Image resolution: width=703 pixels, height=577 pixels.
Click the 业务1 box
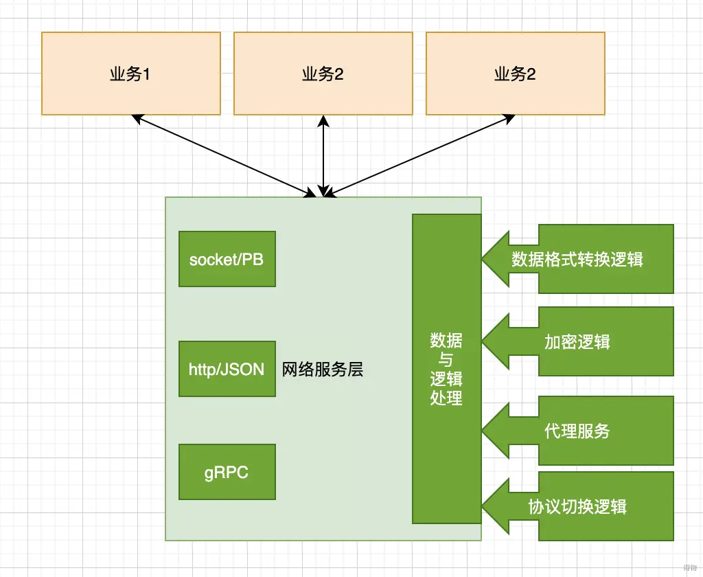[x=130, y=73]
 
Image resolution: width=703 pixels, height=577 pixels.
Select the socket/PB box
[x=227, y=259]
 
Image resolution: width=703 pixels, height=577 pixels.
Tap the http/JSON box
[x=227, y=369]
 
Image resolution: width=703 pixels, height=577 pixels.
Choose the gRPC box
[x=227, y=472]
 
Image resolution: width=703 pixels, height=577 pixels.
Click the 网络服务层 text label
[x=323, y=370]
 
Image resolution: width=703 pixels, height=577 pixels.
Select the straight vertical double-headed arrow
[x=324, y=155]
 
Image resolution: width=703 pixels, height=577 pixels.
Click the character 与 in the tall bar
[x=446, y=359]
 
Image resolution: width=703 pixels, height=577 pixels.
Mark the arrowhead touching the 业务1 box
[x=136, y=118]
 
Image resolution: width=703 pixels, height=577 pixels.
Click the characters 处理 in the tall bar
[x=446, y=398]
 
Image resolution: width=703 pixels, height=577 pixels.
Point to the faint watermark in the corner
[x=689, y=567]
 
